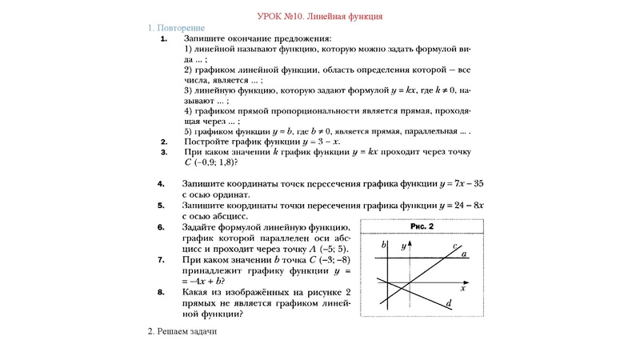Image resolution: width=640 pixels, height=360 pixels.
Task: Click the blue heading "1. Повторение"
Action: click(x=177, y=28)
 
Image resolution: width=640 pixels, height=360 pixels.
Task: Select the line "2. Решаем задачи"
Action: click(x=182, y=330)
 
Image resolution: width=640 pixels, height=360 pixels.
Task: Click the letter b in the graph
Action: click(x=384, y=243)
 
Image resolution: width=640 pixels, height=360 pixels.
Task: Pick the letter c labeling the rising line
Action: click(x=454, y=246)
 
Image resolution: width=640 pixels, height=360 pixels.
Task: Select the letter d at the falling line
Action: click(x=449, y=303)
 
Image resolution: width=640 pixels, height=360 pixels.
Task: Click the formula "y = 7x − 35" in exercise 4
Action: click(x=464, y=183)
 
